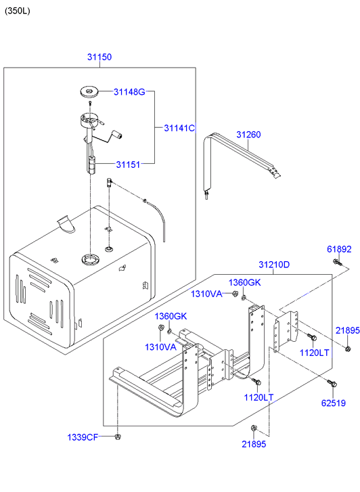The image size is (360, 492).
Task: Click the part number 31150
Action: click(x=99, y=57)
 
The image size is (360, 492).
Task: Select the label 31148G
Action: click(x=129, y=92)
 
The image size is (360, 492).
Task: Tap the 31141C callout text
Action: click(x=179, y=128)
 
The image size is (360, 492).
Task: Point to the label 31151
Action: click(x=128, y=164)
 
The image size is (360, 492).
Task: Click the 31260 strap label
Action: click(x=248, y=135)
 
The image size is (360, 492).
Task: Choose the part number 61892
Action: click(x=339, y=249)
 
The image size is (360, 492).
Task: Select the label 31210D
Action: click(x=274, y=265)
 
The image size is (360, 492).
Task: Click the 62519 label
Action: click(x=334, y=403)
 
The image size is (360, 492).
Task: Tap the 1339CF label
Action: click(x=83, y=437)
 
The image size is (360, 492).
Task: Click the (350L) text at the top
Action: click(x=18, y=11)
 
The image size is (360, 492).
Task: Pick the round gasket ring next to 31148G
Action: click(x=89, y=92)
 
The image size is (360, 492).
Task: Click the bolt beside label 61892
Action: click(x=337, y=263)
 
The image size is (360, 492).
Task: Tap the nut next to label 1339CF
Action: click(x=118, y=437)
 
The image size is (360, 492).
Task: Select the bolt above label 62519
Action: click(x=332, y=383)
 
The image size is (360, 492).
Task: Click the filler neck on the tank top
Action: click(x=66, y=224)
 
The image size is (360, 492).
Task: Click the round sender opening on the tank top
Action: click(x=91, y=259)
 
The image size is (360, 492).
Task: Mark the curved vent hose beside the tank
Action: click(x=158, y=219)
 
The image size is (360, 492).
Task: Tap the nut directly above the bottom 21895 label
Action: click(x=254, y=428)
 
